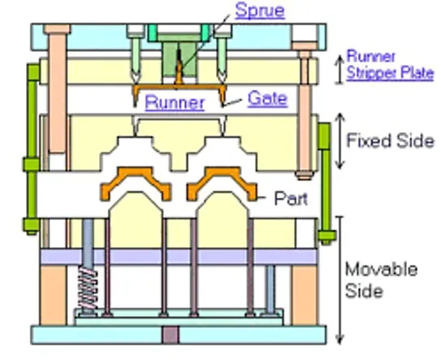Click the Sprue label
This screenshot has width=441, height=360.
(x=260, y=11)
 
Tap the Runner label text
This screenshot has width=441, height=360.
(x=174, y=102)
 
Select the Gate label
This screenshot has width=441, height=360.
(x=268, y=99)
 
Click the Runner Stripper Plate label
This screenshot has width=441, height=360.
(x=390, y=65)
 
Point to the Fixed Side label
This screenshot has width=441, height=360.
(x=391, y=140)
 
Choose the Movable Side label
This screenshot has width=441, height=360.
(x=381, y=280)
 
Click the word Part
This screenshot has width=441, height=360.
(x=291, y=199)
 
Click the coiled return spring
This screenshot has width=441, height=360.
(x=88, y=289)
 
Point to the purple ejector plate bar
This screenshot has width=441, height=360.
(x=179, y=256)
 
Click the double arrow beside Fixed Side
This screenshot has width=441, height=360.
(x=340, y=140)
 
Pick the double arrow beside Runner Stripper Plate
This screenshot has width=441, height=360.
(x=340, y=69)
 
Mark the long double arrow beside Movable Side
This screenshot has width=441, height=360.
(x=340, y=280)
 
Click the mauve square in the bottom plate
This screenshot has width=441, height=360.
(x=170, y=335)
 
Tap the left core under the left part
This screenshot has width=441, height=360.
(x=135, y=220)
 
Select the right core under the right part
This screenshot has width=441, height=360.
(x=222, y=220)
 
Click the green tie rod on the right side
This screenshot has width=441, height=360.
(x=326, y=182)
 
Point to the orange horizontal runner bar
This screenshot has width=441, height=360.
(x=179, y=87)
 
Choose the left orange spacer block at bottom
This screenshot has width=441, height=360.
(x=54, y=295)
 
